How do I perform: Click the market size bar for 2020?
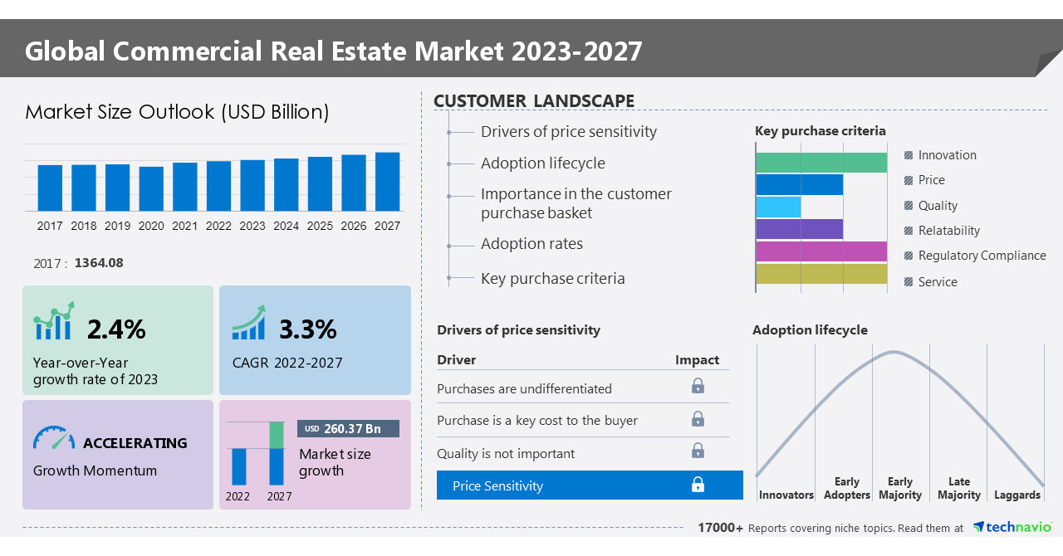click(151, 189)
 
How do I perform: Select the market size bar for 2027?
click(387, 182)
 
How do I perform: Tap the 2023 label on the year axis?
click(252, 226)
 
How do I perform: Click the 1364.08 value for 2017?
click(99, 263)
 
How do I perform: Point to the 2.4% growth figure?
click(116, 329)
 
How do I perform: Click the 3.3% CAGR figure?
click(307, 329)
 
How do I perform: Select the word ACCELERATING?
click(135, 443)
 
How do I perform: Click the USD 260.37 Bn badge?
click(348, 428)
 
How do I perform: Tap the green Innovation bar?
click(821, 163)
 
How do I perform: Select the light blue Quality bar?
click(778, 207)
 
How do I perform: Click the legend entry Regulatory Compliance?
click(982, 256)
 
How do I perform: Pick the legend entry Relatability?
click(948, 231)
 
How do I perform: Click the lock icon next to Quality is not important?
click(698, 451)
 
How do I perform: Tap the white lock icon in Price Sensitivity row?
click(698, 485)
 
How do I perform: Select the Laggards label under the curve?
click(1016, 495)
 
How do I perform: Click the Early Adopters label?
click(846, 488)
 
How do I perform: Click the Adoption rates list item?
click(531, 244)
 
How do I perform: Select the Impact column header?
click(697, 360)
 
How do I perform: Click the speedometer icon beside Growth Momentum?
click(54, 438)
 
